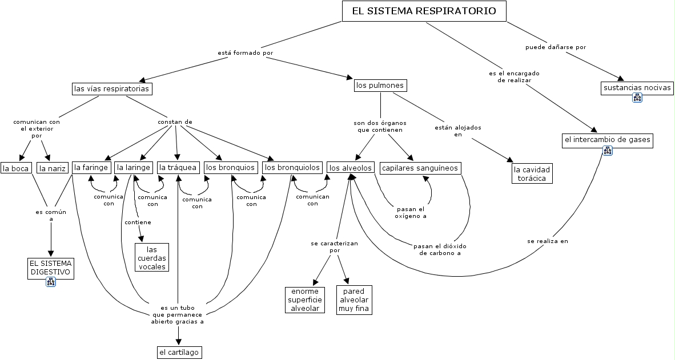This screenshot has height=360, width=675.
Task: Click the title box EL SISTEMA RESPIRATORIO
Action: pyautogui.click(x=424, y=11)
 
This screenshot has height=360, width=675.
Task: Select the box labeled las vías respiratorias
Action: pyautogui.click(x=112, y=89)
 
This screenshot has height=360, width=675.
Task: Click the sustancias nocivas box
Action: pyautogui.click(x=637, y=88)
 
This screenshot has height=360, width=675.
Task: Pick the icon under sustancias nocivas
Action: pyautogui.click(x=637, y=98)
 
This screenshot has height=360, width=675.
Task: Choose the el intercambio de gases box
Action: pyautogui.click(x=607, y=140)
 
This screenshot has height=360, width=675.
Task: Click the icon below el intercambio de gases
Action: pyautogui.click(x=607, y=151)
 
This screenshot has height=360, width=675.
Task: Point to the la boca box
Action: pyautogui.click(x=15, y=168)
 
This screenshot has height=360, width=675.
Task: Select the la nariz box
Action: pyautogui.click(x=52, y=168)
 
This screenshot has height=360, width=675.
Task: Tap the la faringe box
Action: pyautogui.click(x=91, y=167)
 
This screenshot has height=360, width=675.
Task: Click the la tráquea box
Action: pyautogui.click(x=178, y=167)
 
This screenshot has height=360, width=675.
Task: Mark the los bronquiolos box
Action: pyautogui.click(x=292, y=167)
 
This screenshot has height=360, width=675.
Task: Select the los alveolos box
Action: pyautogui.click(x=351, y=168)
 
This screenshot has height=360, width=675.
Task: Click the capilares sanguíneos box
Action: pyautogui.click(x=420, y=168)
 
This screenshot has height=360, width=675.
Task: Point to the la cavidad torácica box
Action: pyautogui.click(x=532, y=173)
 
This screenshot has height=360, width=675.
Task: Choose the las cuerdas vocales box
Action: pyautogui.click(x=152, y=258)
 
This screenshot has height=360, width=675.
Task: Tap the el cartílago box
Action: pyautogui.click(x=179, y=352)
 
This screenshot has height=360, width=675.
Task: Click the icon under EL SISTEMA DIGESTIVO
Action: pyautogui.click(x=51, y=282)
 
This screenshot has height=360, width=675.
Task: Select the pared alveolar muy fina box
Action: pyautogui.click(x=354, y=300)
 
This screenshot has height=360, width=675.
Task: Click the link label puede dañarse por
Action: pyautogui.click(x=556, y=47)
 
